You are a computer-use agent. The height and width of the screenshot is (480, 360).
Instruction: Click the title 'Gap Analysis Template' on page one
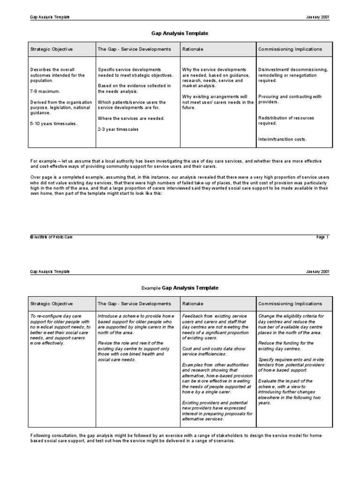click(180, 34)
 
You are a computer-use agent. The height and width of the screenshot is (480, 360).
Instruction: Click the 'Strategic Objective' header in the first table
click(52, 49)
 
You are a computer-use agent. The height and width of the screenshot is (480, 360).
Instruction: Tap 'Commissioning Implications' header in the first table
click(290, 49)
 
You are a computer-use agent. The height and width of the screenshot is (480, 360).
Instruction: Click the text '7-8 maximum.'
click(45, 91)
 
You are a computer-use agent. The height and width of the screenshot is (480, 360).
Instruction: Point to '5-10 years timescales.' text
click(53, 123)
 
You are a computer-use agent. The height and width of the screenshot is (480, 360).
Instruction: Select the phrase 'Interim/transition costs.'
click(283, 140)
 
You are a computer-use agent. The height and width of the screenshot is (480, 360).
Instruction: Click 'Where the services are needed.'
click(131, 118)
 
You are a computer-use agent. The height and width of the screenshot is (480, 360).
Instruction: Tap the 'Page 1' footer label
click(323, 237)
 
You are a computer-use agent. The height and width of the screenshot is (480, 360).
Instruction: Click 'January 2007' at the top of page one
click(317, 17)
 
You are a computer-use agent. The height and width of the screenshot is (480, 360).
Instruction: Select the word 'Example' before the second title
click(150, 288)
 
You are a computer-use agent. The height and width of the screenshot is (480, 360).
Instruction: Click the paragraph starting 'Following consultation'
click(180, 438)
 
